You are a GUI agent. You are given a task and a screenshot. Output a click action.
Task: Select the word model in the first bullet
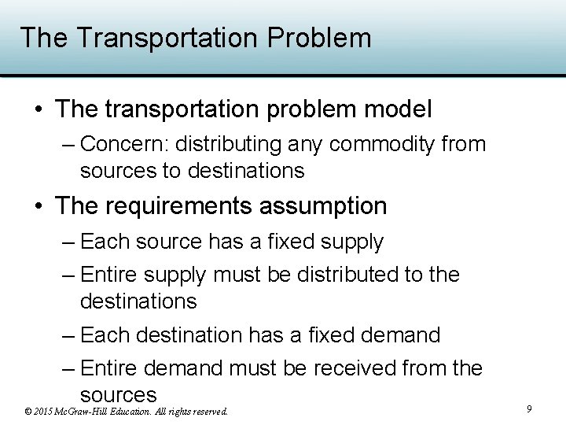(397, 109)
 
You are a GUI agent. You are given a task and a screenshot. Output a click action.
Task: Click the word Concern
(123, 145)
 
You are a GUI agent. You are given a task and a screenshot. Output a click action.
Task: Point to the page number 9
(529, 408)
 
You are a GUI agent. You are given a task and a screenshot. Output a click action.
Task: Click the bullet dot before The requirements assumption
(39, 206)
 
